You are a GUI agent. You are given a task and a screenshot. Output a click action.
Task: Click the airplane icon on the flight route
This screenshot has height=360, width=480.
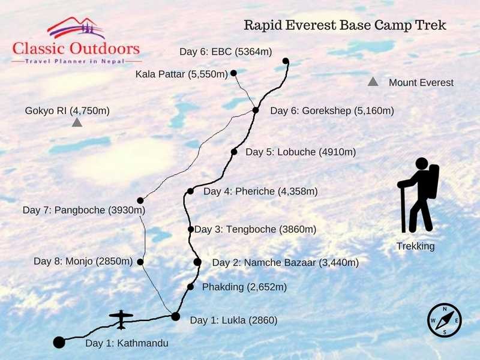tap(121, 319)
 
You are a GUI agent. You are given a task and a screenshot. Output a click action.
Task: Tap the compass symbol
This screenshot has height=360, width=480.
tap(445, 320)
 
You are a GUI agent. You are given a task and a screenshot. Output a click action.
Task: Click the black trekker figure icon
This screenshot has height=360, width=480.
tap(418, 196)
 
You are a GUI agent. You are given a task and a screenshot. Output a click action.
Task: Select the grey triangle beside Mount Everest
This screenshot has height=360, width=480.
tap(373, 82)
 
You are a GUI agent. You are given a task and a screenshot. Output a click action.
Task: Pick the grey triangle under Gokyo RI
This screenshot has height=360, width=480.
tap(77, 122)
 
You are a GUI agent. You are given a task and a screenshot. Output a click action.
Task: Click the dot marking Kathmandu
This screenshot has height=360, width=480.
tap(59, 343)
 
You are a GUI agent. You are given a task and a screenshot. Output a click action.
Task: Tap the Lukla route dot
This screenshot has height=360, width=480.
tap(175, 316)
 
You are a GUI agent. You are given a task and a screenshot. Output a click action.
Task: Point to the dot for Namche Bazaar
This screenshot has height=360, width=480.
tap(197, 262)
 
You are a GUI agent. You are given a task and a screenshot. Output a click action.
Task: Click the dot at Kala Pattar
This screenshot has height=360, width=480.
tap(233, 73)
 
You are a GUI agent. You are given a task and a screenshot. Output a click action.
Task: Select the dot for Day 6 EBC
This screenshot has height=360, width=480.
tap(286, 61)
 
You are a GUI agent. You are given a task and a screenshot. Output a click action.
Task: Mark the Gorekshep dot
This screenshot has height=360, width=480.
tap(256, 110)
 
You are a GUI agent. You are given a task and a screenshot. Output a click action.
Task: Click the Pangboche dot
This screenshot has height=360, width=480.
tap(140, 200)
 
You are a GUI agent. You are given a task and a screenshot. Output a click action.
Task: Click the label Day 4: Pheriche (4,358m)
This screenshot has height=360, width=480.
tap(260, 191)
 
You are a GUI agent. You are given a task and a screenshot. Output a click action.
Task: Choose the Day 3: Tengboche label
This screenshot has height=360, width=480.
tap(256, 229)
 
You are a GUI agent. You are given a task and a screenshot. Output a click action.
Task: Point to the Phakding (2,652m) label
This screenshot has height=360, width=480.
tap(245, 287)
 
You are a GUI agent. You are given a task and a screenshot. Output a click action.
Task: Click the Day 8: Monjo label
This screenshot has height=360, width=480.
tap(83, 261)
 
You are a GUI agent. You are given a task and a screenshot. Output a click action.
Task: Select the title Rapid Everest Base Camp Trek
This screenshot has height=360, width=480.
tap(345, 26)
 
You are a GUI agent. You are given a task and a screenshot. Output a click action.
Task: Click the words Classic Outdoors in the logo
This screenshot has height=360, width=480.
tap(76, 48)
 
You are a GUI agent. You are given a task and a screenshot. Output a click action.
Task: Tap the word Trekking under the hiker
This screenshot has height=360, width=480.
tap(415, 246)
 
